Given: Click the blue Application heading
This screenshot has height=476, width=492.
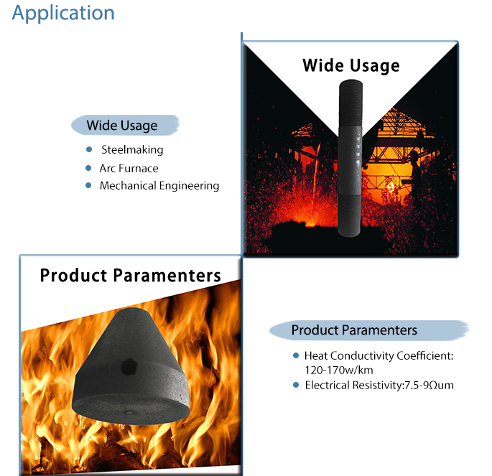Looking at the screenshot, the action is point(63,14).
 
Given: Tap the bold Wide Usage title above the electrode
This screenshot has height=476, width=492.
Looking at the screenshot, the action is point(351,66).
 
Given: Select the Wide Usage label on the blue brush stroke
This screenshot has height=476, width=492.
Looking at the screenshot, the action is point(122,126).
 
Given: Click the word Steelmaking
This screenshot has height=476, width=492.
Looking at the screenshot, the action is point(132,149).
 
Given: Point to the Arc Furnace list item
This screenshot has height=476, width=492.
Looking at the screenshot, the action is point(129,169).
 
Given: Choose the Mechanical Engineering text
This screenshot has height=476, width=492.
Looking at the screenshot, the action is point(159,186).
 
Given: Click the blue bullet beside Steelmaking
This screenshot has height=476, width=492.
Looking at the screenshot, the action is point(89,149).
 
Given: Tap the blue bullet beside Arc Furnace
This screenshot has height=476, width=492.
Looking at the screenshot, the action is point(88,168).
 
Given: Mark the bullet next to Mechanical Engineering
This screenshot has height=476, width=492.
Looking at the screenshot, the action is point(88,185).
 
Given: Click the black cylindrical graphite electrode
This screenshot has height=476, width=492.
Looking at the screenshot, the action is point(351,159).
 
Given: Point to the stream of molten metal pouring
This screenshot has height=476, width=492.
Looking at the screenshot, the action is point(315,182).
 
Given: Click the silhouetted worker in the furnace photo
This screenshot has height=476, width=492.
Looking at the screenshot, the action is point(415,176).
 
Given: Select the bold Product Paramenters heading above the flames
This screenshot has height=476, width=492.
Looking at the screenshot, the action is point(131,276).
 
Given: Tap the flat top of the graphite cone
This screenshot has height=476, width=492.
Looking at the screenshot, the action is point(131,312).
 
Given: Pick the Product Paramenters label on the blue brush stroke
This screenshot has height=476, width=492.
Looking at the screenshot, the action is point(354,330).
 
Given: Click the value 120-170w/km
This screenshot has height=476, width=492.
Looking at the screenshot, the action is point(339,370).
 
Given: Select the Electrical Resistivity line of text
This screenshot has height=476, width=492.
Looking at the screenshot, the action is point(379,385).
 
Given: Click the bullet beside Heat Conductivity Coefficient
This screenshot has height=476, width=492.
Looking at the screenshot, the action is point(296,355).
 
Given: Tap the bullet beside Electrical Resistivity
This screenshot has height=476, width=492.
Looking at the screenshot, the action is point(296,385).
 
